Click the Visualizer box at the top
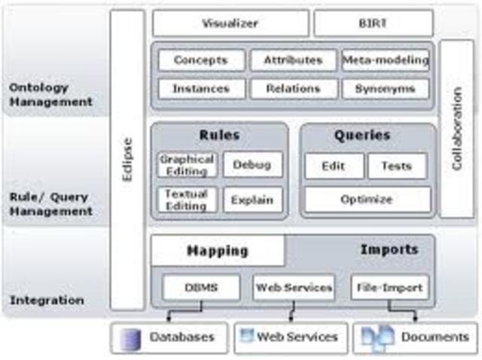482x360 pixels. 230,23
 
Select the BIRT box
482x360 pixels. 374,23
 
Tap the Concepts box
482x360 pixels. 201,60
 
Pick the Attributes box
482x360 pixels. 293,60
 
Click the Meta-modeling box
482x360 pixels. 386,60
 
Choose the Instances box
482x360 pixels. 201,89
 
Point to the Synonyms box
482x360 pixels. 386,89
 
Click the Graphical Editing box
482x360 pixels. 188,165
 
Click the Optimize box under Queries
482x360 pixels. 367,200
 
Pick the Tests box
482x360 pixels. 397,166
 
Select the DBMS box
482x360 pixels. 201,287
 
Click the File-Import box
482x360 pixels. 390,287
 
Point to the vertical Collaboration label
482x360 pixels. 456,128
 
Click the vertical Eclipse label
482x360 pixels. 127,160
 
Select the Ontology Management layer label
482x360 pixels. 51,95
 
